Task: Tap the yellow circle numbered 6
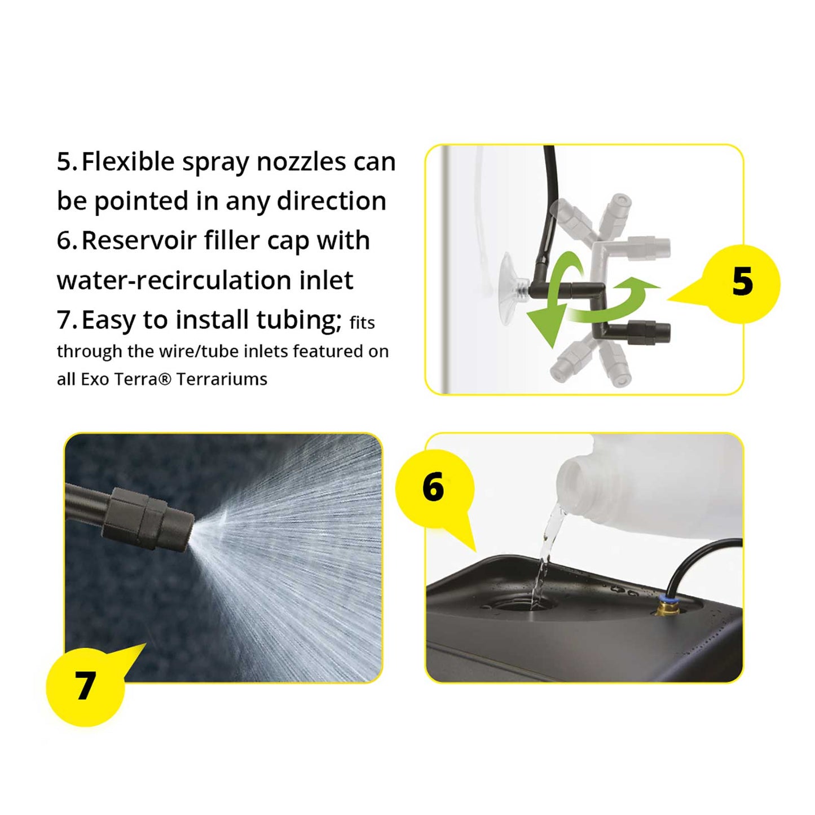(435, 488)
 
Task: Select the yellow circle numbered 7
(85, 687)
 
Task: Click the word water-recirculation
(174, 280)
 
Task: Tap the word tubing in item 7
(298, 320)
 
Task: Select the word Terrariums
(222, 379)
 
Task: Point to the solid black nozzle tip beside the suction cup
(649, 332)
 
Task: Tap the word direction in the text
(331, 201)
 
